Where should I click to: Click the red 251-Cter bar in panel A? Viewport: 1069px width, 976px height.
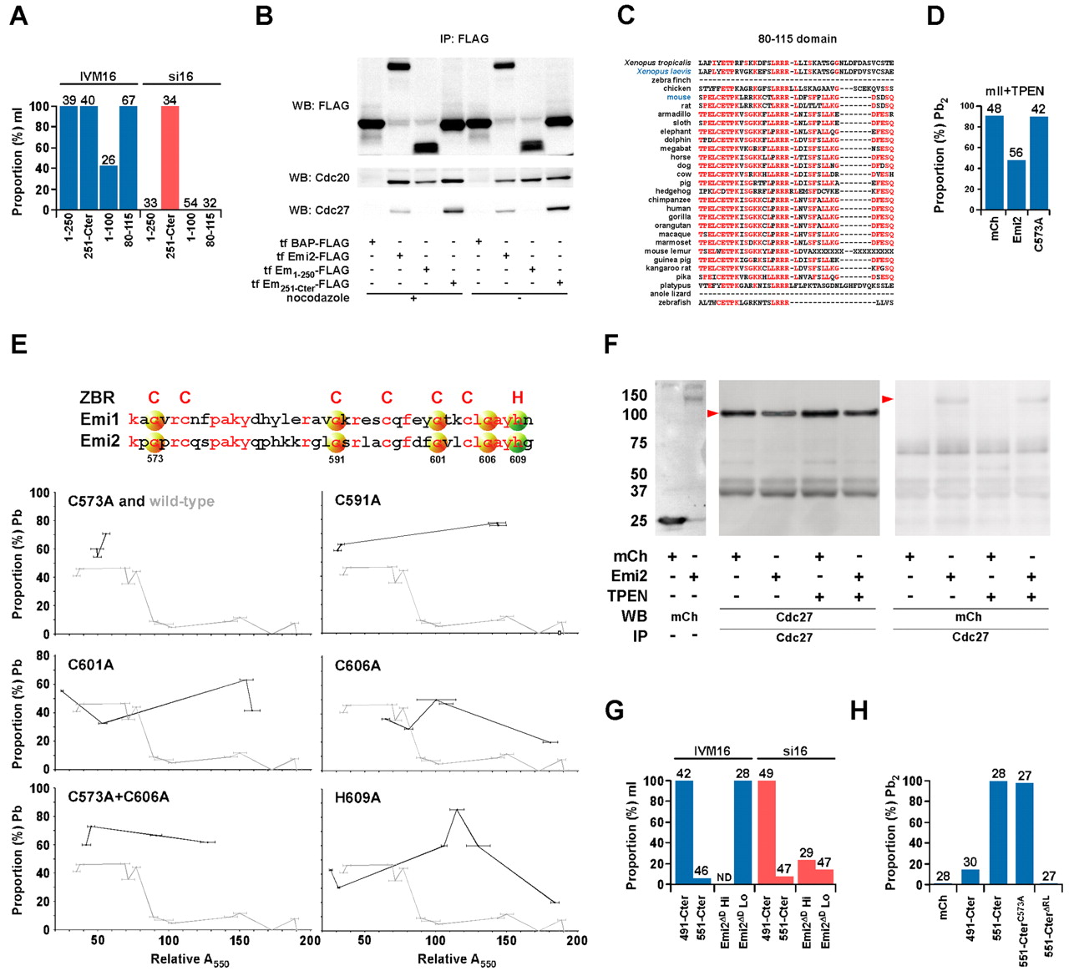(170, 158)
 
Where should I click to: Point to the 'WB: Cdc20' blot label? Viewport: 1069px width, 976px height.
(321, 178)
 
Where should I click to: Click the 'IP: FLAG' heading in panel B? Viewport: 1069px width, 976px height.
(464, 38)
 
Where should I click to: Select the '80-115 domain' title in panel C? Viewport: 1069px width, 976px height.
(797, 38)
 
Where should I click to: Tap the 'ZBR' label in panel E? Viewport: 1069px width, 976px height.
(97, 397)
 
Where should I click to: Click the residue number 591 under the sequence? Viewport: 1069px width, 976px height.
(336, 459)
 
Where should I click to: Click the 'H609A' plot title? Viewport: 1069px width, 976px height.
(357, 797)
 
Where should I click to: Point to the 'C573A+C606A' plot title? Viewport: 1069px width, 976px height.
(119, 797)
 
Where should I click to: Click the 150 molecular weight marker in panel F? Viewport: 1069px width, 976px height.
(637, 395)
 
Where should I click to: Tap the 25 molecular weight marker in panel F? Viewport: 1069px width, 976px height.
(639, 521)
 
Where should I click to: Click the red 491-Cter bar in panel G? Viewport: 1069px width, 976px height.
(766, 832)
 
